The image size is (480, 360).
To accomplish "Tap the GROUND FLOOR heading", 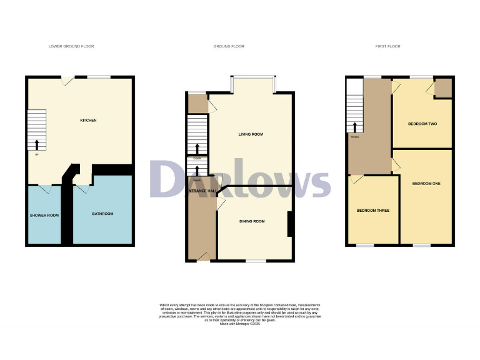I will [229, 46].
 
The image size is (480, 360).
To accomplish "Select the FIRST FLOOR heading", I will [388, 46].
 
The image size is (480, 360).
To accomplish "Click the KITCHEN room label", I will [87, 120].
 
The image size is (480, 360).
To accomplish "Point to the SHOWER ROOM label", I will [44, 216].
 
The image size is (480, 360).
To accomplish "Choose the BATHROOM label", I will [102, 214].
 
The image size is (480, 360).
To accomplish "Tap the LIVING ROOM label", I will [251, 134].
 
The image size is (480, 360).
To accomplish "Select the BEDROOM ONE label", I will [426, 183].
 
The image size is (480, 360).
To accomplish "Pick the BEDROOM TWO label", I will [422, 124].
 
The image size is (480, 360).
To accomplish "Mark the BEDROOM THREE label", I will [373, 211].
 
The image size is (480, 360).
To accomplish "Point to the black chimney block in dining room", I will [289, 225].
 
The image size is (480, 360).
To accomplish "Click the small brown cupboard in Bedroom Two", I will [443, 88].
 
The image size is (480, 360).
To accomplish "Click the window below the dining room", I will [254, 261].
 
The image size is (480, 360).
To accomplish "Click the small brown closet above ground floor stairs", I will [197, 104].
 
